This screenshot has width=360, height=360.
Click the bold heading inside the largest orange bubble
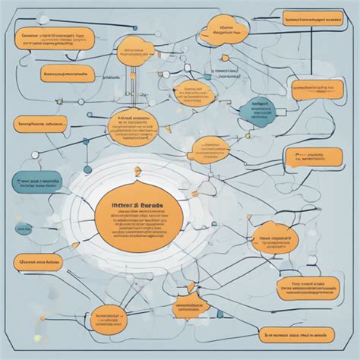137,206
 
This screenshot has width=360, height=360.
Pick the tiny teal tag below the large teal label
25,227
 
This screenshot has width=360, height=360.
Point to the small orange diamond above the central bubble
137,170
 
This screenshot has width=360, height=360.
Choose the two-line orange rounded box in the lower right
308,286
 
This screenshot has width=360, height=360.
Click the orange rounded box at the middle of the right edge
311,156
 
